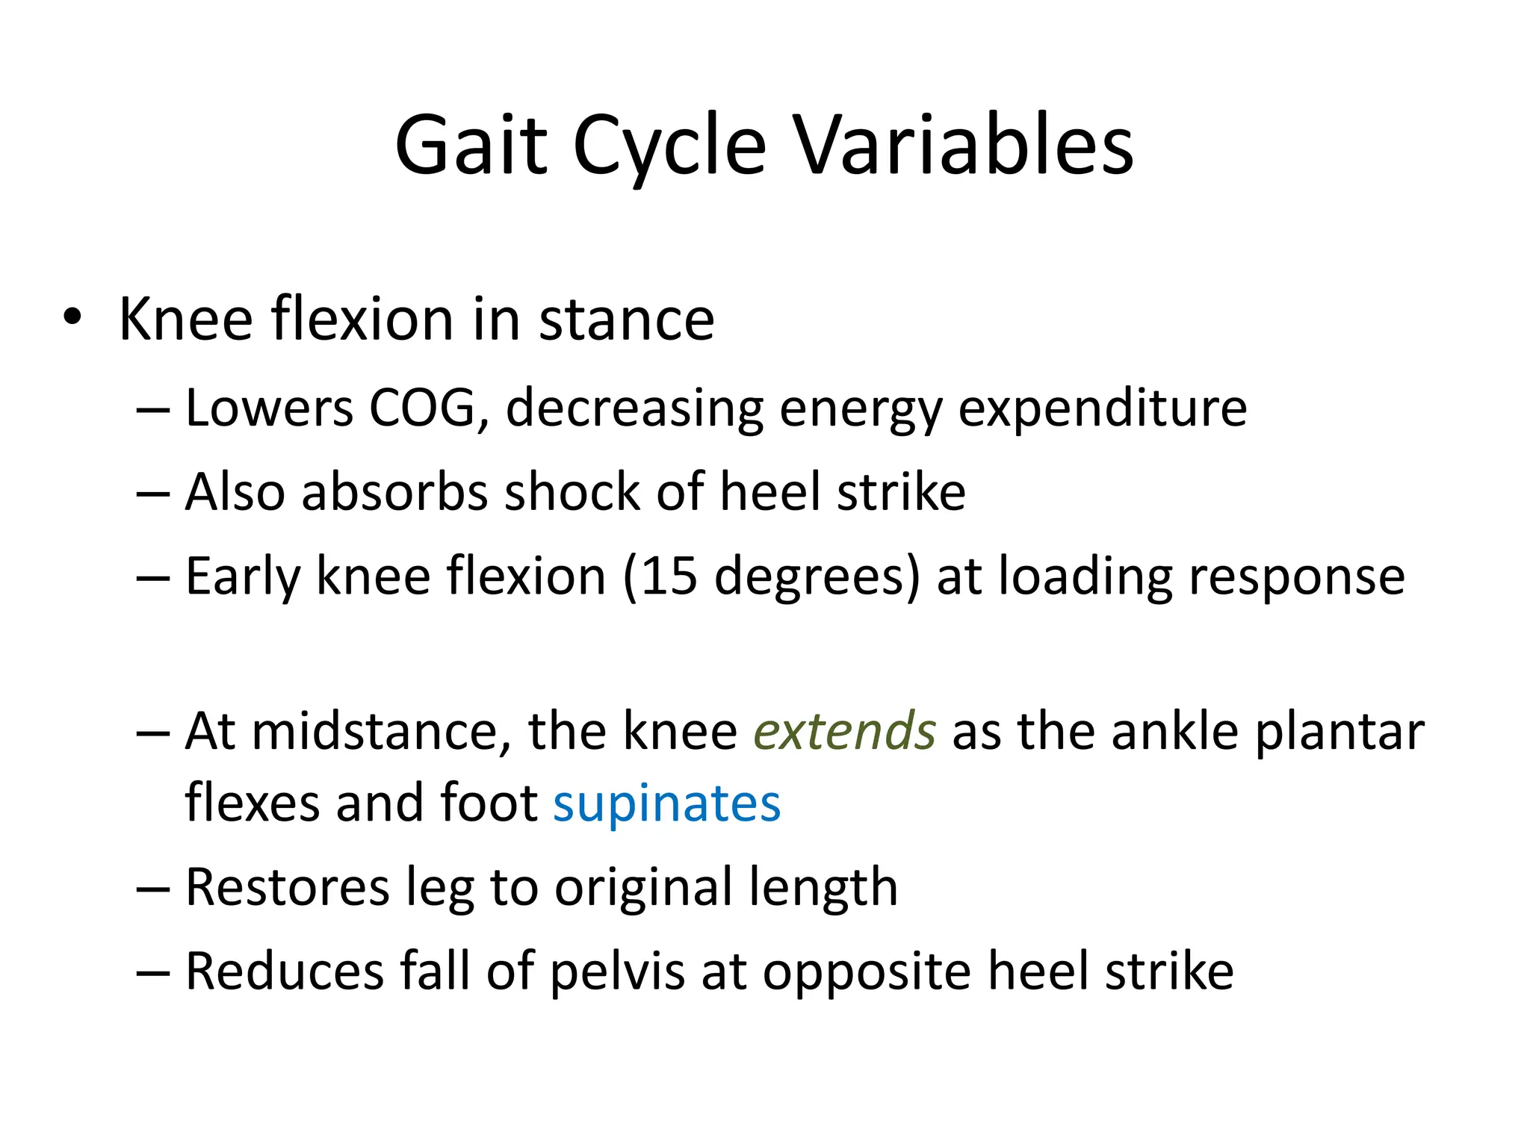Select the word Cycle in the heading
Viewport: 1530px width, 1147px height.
pos(669,147)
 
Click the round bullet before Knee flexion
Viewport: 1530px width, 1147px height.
pos(72,317)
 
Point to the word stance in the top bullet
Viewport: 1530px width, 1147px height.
pos(626,320)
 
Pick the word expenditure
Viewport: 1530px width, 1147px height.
pos(1102,409)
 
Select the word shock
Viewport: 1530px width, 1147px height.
pos(572,492)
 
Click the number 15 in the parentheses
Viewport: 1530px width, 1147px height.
pos(669,576)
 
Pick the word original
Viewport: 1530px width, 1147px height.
pos(643,889)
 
